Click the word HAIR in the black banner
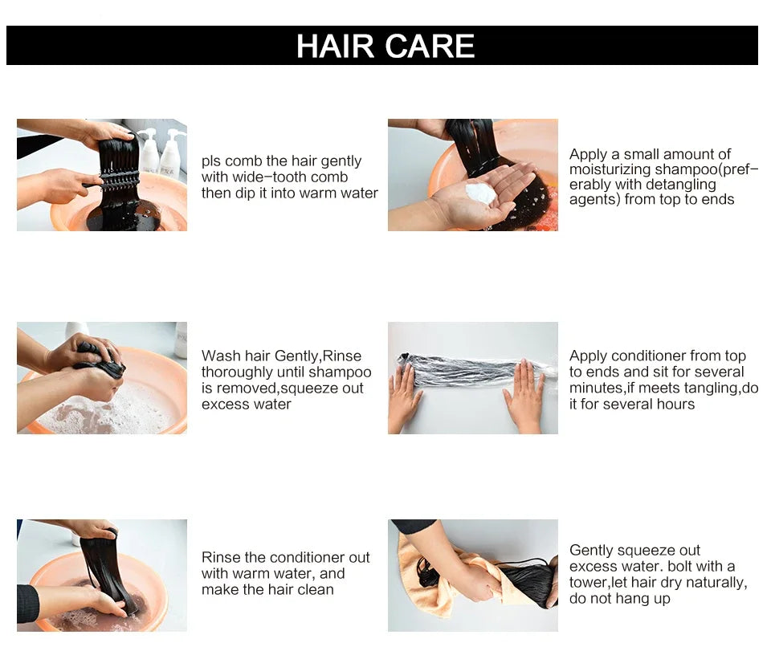pyautogui.click(x=336, y=46)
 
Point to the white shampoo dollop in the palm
pyautogui.click(x=480, y=193)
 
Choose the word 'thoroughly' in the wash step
pyautogui.click(x=235, y=372)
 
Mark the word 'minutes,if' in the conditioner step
pyautogui.click(x=604, y=389)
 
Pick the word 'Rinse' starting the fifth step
pyautogui.click(x=221, y=557)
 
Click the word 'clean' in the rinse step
pyautogui.click(x=314, y=589)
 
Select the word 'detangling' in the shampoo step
pyautogui.click(x=677, y=185)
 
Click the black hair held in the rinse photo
pyautogui.click(x=104, y=570)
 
